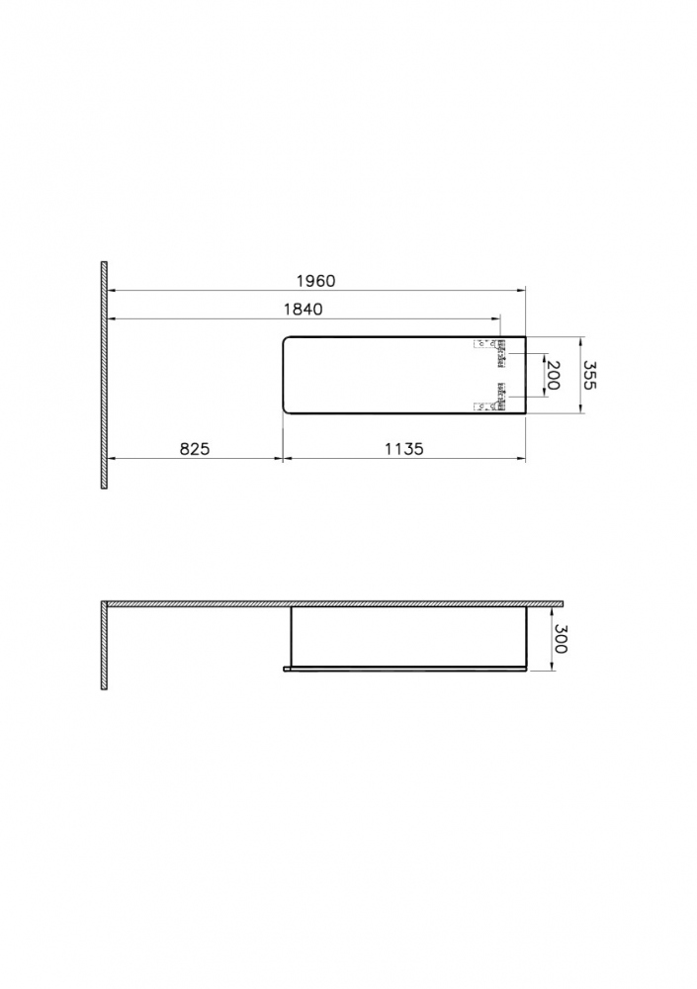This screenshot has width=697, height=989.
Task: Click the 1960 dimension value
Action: [x=316, y=281]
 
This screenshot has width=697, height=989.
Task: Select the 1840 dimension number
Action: [x=304, y=309]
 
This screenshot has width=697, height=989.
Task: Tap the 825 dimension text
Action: [x=195, y=448]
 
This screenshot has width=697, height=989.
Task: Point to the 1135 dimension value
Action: [x=404, y=448]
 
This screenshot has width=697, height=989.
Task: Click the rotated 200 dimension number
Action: [x=553, y=375]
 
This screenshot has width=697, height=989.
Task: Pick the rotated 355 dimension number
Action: [x=589, y=375]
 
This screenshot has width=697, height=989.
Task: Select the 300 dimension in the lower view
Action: [x=561, y=639]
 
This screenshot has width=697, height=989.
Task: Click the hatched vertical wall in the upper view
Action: [x=104, y=375]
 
